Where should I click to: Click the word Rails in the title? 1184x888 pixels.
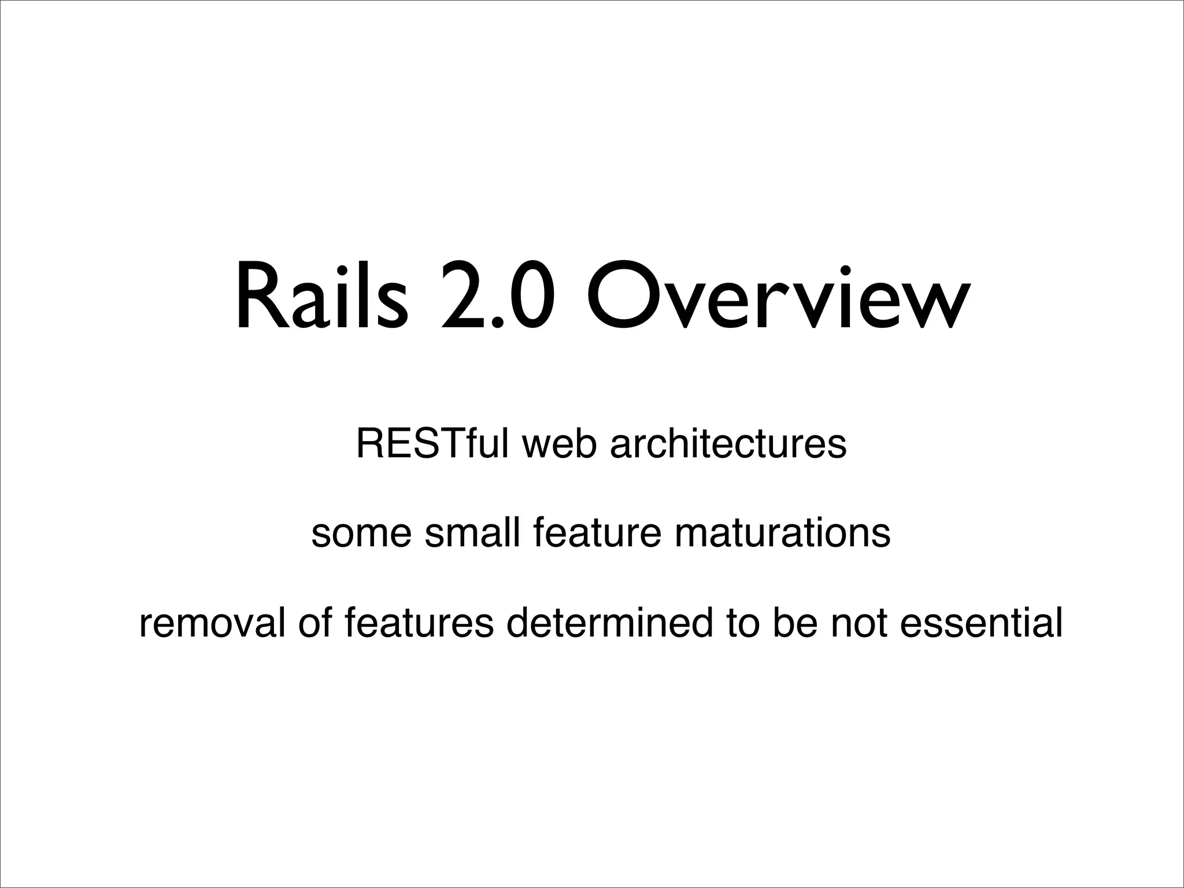pyautogui.click(x=321, y=298)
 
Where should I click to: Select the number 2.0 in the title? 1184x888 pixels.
pyautogui.click(x=497, y=298)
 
